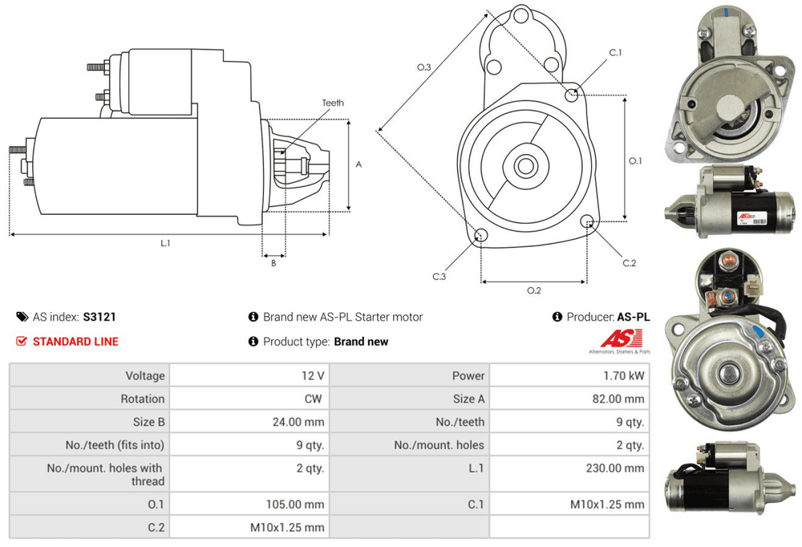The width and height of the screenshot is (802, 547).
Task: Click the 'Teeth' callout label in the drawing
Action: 333,103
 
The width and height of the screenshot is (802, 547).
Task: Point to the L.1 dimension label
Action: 166,243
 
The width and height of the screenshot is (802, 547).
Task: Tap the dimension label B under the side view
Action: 273,262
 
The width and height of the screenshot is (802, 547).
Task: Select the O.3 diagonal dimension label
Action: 424,68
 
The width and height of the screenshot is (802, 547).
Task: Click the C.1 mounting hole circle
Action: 572,96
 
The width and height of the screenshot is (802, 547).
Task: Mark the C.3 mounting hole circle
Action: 481,236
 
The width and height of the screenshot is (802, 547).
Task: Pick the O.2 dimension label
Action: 533,290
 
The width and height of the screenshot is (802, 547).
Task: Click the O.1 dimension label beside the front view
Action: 635,160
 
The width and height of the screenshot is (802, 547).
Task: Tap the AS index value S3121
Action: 94,317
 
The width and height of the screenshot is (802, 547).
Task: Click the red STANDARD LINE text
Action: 75,342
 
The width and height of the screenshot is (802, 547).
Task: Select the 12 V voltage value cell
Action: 314,375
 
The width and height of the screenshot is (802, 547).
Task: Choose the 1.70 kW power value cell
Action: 626,375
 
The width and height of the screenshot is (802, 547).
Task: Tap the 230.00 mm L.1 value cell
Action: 618,468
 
